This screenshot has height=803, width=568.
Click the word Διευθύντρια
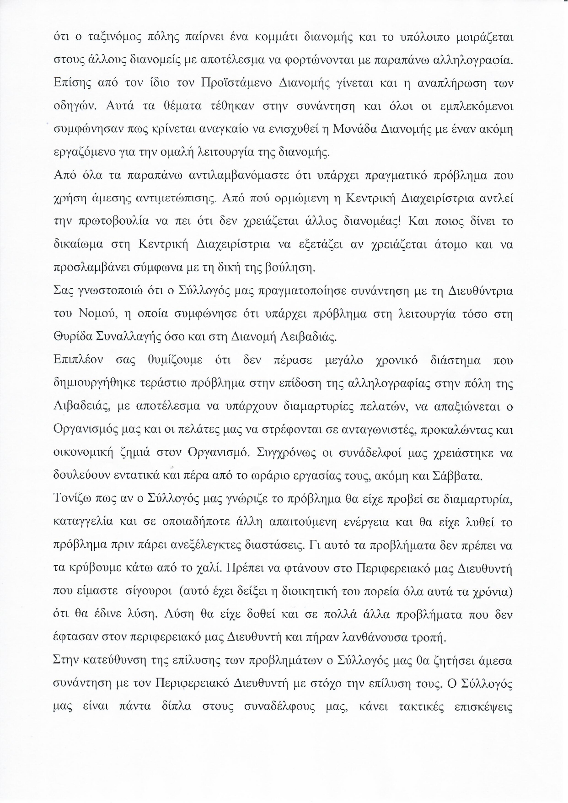coord(480,291)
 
